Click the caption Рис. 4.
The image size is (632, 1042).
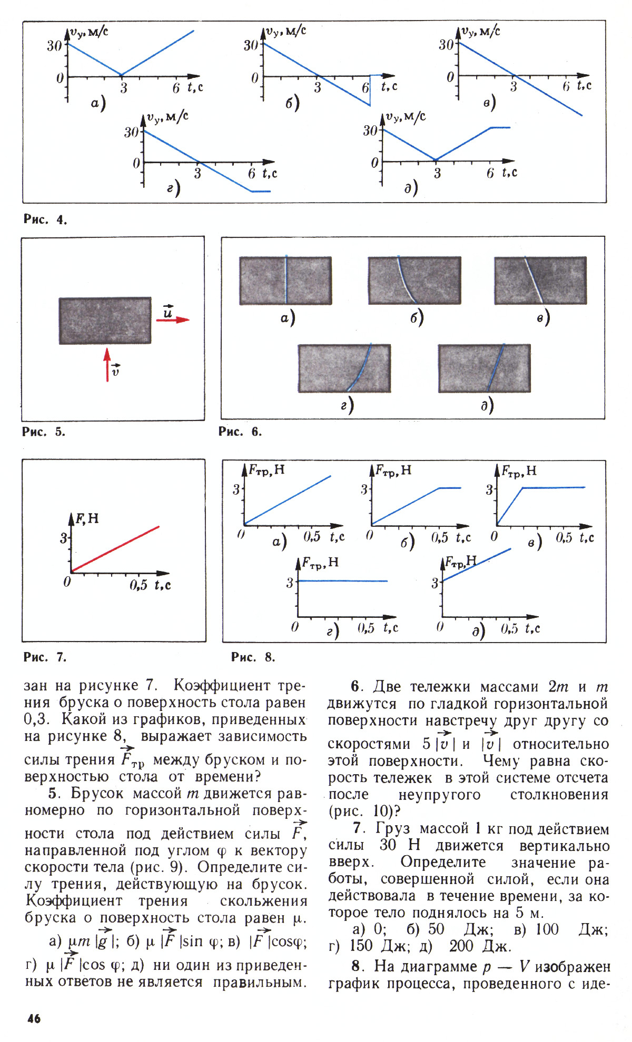pyautogui.click(x=45, y=219)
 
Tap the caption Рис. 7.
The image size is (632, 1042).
pyautogui.click(x=45, y=657)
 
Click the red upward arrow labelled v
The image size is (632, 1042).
pyautogui.click(x=107, y=363)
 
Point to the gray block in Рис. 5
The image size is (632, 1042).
pyautogui.click(x=105, y=321)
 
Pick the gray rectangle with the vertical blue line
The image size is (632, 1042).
pyautogui.click(x=285, y=280)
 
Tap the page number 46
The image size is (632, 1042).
pyautogui.click(x=33, y=1018)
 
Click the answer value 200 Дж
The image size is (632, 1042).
pyautogui.click(x=479, y=946)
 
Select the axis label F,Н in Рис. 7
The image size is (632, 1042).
pyautogui.click(x=87, y=519)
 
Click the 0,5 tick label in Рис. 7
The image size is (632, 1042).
pyautogui.click(x=139, y=585)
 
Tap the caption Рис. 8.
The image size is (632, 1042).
pyautogui.click(x=253, y=657)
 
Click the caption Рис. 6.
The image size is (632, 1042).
pyautogui.click(x=240, y=432)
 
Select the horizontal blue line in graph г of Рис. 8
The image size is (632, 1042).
pyautogui.click(x=342, y=580)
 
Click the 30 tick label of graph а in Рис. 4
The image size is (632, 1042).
pyautogui.click(x=54, y=46)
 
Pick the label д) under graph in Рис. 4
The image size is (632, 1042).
pyautogui.click(x=411, y=188)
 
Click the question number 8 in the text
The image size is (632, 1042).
pyautogui.click(x=357, y=966)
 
